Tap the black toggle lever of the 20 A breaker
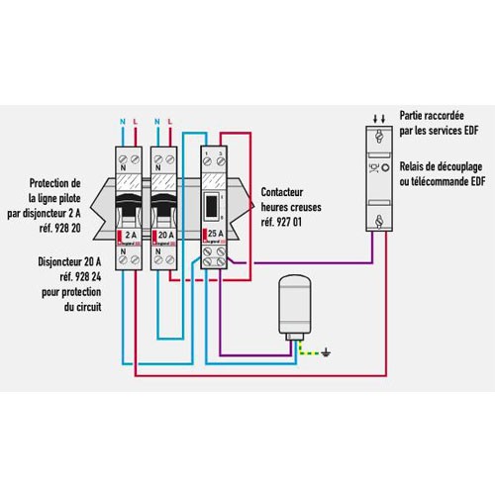[x=167, y=203]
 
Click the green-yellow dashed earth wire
[x=315, y=347]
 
